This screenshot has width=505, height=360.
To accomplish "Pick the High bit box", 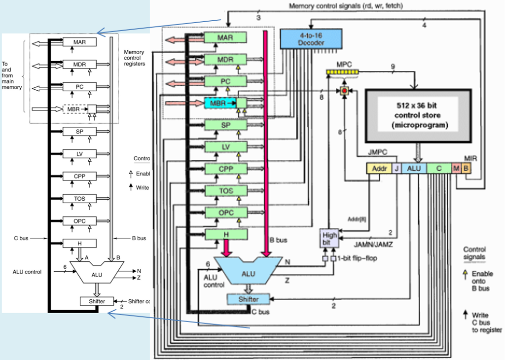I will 329,239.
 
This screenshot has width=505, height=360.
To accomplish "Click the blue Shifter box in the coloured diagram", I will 249,299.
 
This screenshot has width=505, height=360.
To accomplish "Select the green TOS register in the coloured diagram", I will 225,191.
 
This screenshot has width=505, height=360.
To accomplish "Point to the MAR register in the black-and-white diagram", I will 79,42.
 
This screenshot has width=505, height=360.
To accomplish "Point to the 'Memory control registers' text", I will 134,58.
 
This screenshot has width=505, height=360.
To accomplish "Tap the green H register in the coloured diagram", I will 225,234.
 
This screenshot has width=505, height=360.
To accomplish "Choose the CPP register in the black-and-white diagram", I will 79,176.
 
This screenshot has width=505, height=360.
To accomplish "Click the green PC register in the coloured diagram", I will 225,81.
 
